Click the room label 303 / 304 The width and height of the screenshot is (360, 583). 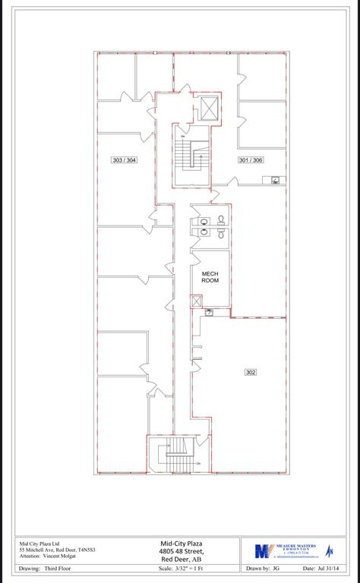point(124,160)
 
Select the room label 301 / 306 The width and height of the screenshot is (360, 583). point(250,160)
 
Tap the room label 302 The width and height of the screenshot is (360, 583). point(250,372)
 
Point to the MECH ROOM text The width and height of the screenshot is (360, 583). point(210,277)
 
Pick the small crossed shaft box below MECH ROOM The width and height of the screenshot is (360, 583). point(197,301)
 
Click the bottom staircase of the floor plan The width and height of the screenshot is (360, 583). point(176,453)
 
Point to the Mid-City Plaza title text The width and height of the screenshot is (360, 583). point(181,544)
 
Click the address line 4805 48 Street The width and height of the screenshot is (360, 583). point(181,551)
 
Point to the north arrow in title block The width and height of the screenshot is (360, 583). point(330,550)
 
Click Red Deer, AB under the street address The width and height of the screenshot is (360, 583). point(181,559)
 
